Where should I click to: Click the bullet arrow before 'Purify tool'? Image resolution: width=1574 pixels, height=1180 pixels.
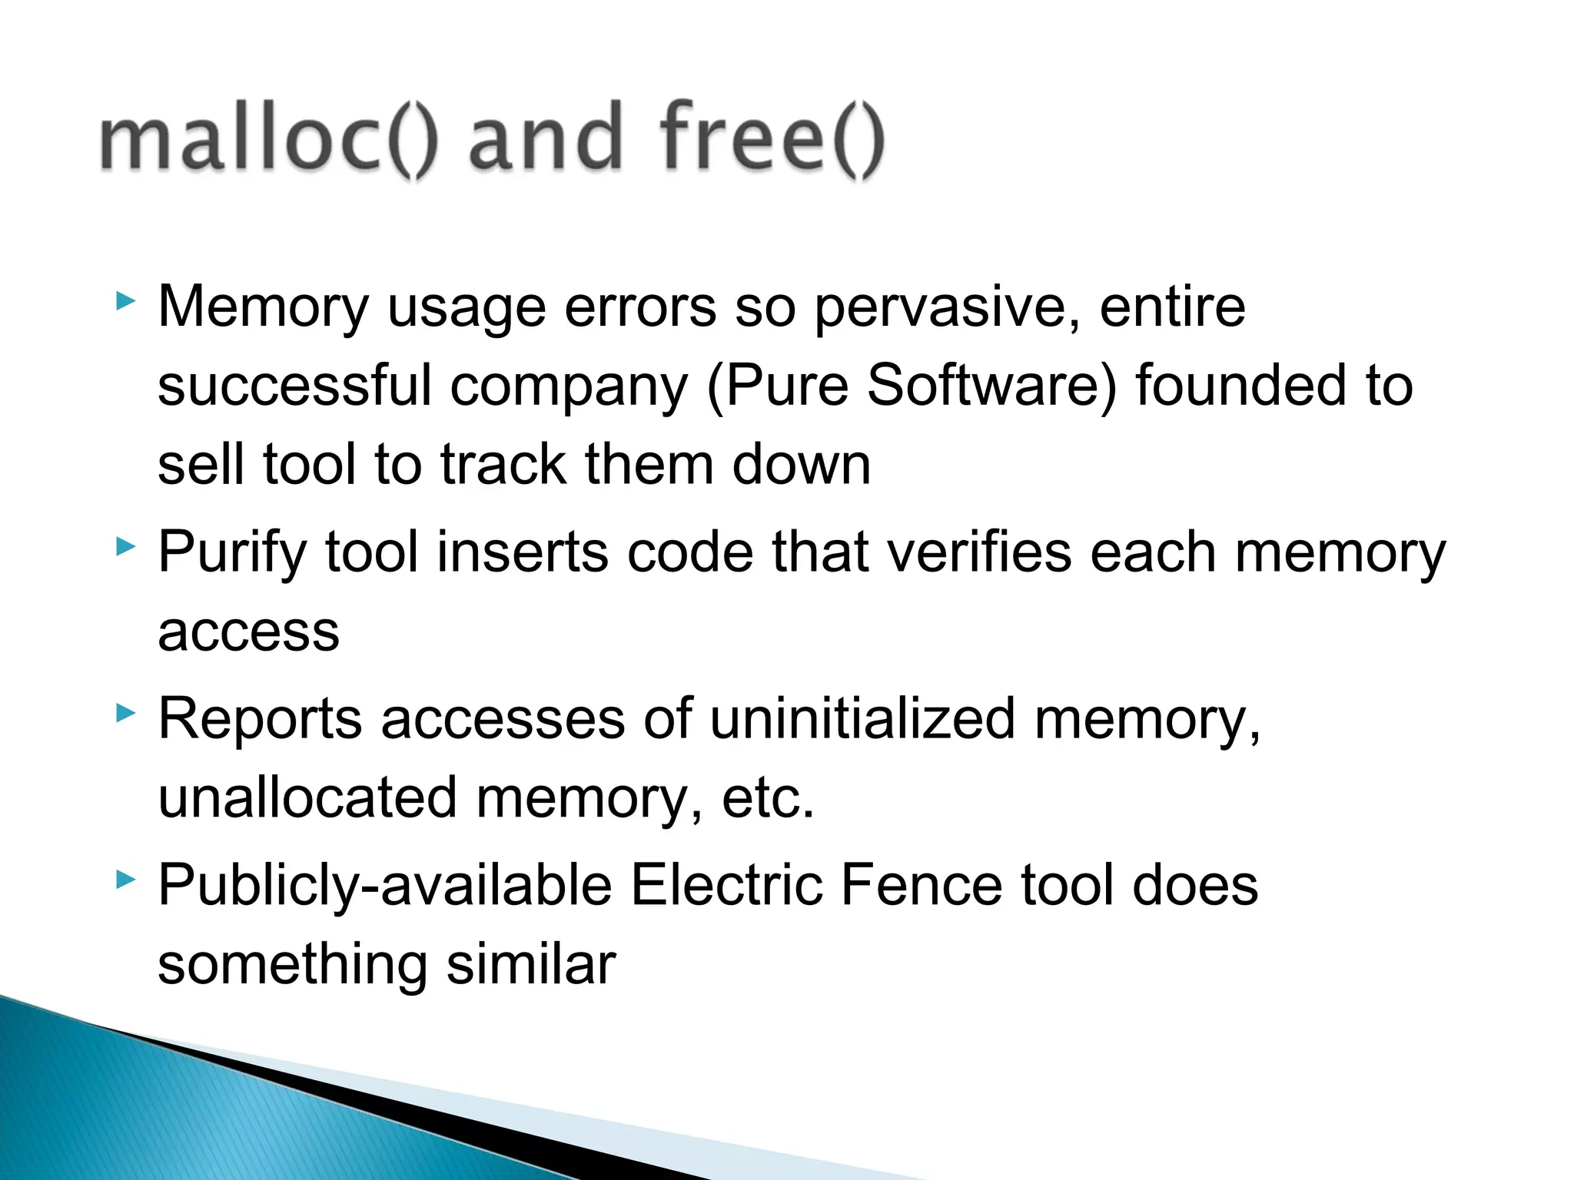click(x=125, y=546)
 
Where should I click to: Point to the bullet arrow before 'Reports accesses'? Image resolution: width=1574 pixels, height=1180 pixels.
click(x=125, y=714)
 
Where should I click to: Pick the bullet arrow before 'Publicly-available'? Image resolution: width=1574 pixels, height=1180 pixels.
click(x=125, y=879)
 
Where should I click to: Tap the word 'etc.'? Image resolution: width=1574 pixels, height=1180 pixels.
click(x=767, y=799)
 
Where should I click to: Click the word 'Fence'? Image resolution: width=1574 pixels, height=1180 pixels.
click(x=921, y=885)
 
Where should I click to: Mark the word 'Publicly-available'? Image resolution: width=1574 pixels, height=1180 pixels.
click(x=384, y=887)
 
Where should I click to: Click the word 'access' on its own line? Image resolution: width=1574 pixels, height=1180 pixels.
click(x=248, y=633)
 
